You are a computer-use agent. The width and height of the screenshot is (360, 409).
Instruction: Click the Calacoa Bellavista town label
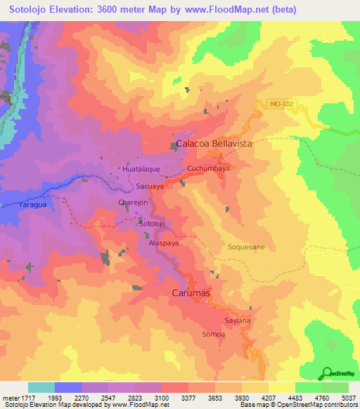coord(214,143)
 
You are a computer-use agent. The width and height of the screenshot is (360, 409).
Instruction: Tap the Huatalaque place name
coord(141,170)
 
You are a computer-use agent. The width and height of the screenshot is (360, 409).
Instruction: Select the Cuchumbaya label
coord(209,169)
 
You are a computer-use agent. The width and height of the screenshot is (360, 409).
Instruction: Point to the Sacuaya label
coord(150,187)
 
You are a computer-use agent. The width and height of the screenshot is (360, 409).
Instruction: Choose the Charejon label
coord(132,203)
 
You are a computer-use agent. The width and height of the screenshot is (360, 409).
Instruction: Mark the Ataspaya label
coord(163,242)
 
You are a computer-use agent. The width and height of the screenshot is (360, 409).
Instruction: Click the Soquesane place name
coord(246,247)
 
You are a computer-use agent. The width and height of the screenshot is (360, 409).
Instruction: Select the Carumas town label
coord(192,293)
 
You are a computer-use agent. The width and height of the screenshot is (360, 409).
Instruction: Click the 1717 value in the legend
coord(27,398)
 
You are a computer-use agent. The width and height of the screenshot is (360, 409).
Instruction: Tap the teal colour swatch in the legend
coord(41,387)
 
